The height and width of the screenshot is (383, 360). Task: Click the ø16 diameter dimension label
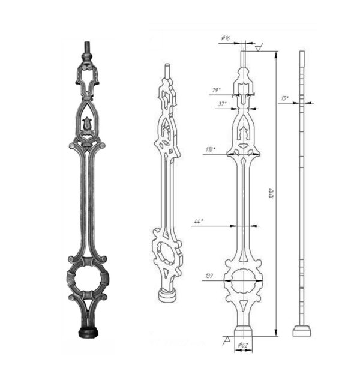click(226, 38)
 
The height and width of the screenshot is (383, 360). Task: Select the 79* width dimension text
click(216, 90)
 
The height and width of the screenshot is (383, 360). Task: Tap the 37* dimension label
click(223, 104)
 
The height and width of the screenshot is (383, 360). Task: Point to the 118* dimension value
click(211, 149)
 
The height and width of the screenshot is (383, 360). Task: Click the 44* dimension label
click(199, 221)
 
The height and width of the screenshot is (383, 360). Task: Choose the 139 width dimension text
click(209, 276)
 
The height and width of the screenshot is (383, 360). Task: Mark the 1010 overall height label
click(271, 193)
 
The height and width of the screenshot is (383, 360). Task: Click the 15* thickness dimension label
click(284, 98)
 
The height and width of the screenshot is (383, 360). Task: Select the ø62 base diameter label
click(243, 345)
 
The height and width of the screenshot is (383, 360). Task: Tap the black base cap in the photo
click(88, 332)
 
